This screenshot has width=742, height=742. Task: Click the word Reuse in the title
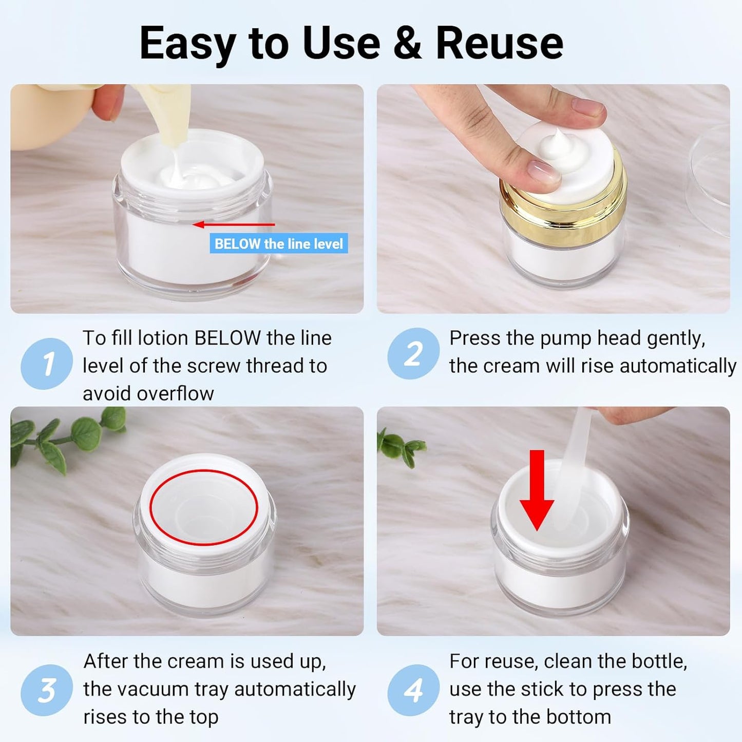pyautogui.click(x=499, y=43)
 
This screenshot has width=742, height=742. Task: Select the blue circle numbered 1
pyautogui.click(x=47, y=364)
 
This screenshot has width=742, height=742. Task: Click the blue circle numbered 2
pyautogui.click(x=413, y=354)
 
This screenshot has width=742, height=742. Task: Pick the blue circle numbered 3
pyautogui.click(x=47, y=690)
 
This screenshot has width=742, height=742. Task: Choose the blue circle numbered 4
pyautogui.click(x=413, y=690)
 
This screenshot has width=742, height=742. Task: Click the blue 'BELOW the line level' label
pyautogui.click(x=278, y=243)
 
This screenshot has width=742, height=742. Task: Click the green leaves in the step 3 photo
pyautogui.click(x=67, y=436)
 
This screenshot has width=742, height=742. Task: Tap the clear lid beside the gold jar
pyautogui.click(x=714, y=180)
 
